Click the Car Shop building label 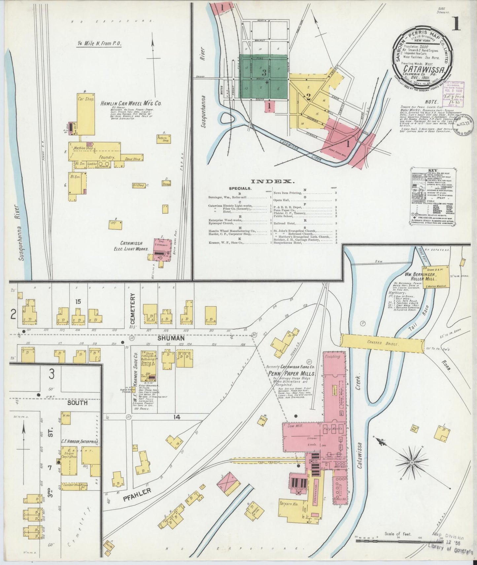(85, 99)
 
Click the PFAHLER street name (137, 495)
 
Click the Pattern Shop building (163, 139)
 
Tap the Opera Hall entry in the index (281, 200)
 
